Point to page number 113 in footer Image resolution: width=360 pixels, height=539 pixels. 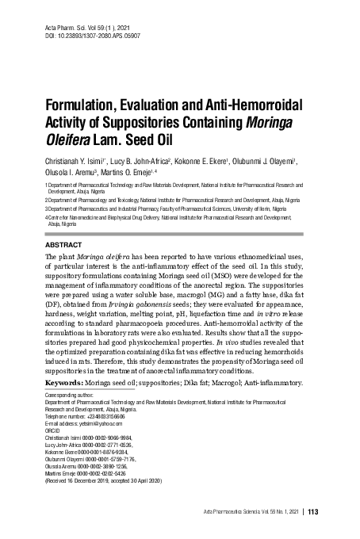tap(312, 511)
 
